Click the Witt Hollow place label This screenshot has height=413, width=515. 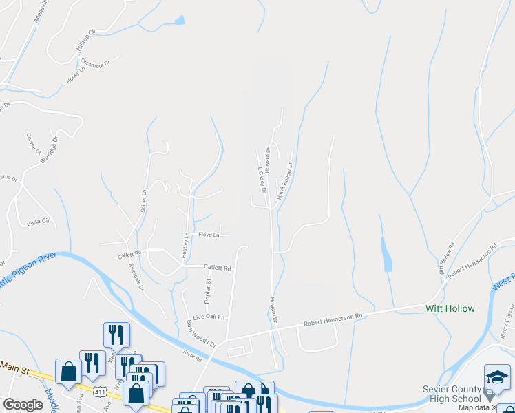coord(450,308)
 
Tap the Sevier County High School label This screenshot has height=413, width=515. coord(452,394)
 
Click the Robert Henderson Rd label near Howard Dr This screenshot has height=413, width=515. coord(333,319)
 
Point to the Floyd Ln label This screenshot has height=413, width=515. coord(209,235)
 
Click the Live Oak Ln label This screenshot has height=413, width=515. coord(209,317)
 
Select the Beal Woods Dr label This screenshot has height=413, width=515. coord(201,333)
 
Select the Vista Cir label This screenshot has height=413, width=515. coord(39,222)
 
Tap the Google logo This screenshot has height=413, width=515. coord(23,405)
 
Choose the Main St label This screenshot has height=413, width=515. coord(14,370)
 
